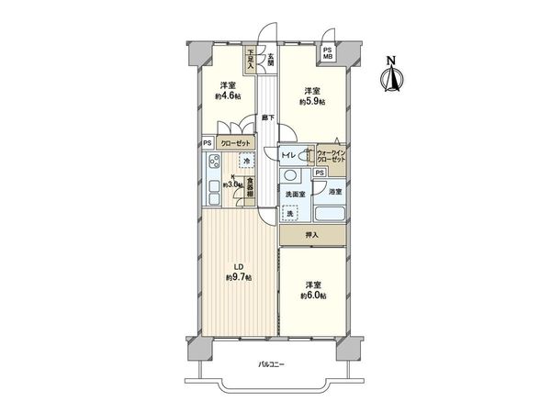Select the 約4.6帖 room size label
click(x=228, y=96)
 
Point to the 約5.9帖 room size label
click(x=313, y=102)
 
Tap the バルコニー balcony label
click(x=271, y=365)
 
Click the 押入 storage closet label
click(x=312, y=236)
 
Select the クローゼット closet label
click(x=237, y=144)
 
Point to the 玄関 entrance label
click(x=271, y=62)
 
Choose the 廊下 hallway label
click(x=267, y=117)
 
